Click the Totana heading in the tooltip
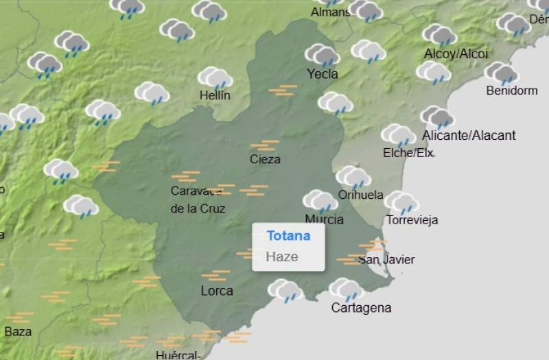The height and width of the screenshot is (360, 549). click(x=288, y=236)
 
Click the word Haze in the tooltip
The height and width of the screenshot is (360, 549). click(x=282, y=257)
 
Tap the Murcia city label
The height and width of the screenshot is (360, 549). click(x=324, y=219)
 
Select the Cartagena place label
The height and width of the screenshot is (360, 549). click(x=361, y=308)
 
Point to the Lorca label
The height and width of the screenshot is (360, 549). click(x=217, y=291)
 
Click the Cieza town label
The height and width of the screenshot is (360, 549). click(x=265, y=159)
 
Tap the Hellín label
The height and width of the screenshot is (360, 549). click(x=215, y=96)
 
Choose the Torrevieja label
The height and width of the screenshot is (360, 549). click(x=412, y=220)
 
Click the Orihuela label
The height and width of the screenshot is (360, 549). click(x=360, y=195)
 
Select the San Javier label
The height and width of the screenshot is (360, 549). click(x=386, y=259)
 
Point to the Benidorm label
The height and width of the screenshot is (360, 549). click(x=511, y=91)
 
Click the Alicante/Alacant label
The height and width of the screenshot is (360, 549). click(x=469, y=135)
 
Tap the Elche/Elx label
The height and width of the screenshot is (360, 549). click(x=408, y=153)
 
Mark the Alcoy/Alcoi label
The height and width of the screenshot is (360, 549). click(x=456, y=53)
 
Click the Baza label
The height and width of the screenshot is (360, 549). click(x=18, y=332)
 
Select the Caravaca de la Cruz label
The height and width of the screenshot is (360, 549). click(x=198, y=200)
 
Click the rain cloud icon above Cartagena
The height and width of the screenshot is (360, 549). click(x=346, y=289)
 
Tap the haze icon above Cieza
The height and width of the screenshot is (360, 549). click(x=264, y=145)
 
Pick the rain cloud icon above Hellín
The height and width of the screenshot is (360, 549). click(x=215, y=77)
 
